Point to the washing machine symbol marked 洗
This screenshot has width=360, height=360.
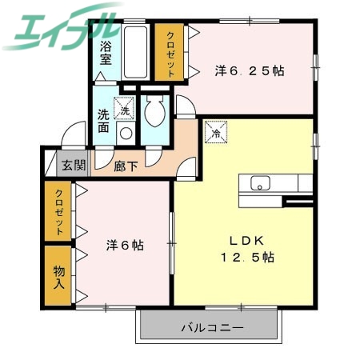123,106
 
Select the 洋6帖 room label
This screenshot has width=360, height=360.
124,246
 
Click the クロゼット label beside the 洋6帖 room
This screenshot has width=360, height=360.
59,210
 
